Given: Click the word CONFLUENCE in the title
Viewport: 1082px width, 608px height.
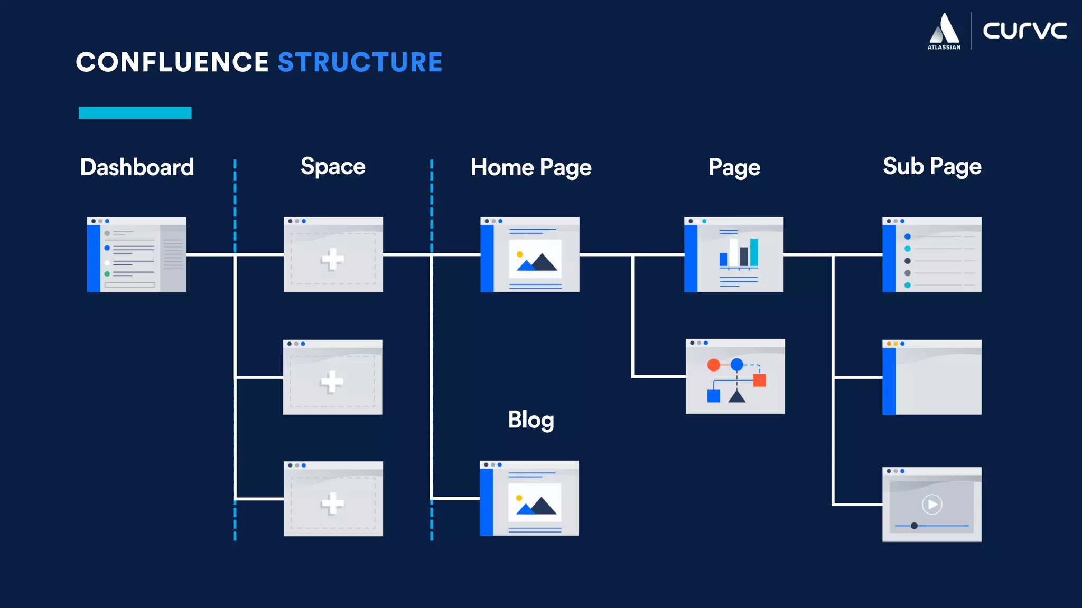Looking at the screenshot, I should [x=172, y=62].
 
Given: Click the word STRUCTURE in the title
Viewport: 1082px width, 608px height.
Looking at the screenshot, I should [x=360, y=62].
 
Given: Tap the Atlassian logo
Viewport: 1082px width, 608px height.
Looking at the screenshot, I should [x=944, y=31].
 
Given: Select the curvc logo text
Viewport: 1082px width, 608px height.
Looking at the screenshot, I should [x=1024, y=30].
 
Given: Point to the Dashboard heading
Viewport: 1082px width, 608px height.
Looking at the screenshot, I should [x=137, y=167].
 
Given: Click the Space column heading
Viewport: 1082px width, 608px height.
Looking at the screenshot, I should [x=333, y=166].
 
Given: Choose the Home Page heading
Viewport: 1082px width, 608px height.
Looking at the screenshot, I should [x=531, y=167].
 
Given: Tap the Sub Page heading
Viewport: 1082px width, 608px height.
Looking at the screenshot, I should [x=932, y=166].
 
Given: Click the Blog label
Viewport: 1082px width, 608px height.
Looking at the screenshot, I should [x=531, y=420].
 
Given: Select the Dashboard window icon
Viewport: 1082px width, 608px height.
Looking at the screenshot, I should [x=137, y=254].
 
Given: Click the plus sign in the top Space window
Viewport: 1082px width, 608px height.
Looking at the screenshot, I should [x=332, y=259].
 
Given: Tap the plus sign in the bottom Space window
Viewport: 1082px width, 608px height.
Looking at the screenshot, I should [x=332, y=503].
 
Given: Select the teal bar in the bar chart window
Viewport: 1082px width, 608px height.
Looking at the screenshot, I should [x=754, y=252].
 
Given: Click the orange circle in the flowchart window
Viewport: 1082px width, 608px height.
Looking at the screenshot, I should [x=713, y=365].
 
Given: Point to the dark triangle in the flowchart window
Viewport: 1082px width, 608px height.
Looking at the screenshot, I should [x=736, y=396].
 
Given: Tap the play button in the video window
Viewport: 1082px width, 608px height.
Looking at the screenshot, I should [x=932, y=505].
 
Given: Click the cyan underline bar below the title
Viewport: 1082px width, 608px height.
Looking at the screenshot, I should [x=135, y=113].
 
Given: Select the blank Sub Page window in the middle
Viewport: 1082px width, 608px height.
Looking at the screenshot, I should [x=932, y=377].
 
